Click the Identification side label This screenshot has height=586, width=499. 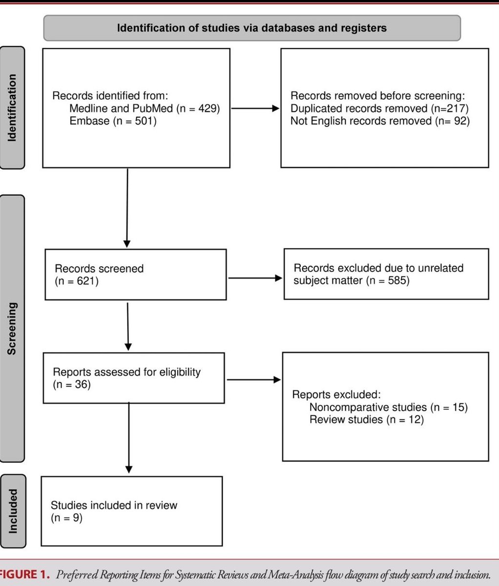pyautogui.click(x=12, y=108)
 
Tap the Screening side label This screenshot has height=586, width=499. pyautogui.click(x=12, y=329)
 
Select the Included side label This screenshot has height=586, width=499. pyautogui.click(x=13, y=511)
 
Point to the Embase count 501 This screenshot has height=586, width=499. pyautogui.click(x=144, y=121)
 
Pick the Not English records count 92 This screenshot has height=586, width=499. pyautogui.click(x=460, y=121)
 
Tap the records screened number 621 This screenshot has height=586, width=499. pyautogui.click(x=85, y=281)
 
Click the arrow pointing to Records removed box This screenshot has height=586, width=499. pyautogui.click(x=255, y=108)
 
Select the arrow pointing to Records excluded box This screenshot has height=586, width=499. pyautogui.click(x=255, y=278)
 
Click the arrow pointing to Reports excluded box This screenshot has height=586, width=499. pyautogui.click(x=254, y=379)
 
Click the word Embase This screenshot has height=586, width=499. pyautogui.click(x=89, y=121)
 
